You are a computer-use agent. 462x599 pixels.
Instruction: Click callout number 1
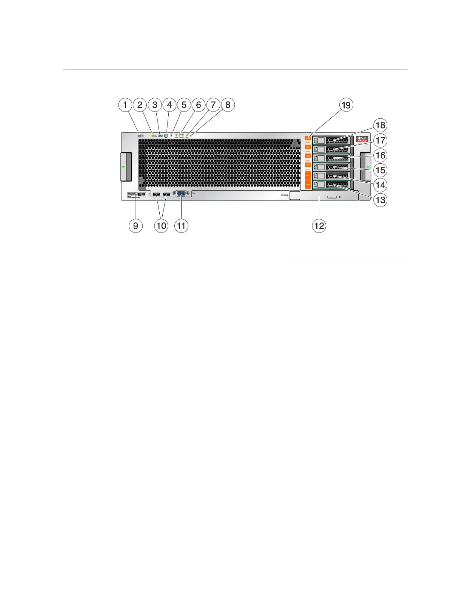pyautogui.click(x=125, y=105)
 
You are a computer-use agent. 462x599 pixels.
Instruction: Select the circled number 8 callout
pyautogui.click(x=228, y=105)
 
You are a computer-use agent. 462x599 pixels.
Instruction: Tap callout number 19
pyautogui.click(x=346, y=105)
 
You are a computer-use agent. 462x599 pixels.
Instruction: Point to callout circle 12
pyautogui.click(x=319, y=226)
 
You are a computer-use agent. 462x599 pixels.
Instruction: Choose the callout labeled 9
pyautogui.click(x=136, y=226)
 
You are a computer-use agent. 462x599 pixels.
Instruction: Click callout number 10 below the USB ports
pyautogui.click(x=161, y=226)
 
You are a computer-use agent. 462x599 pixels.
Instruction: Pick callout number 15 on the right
pyautogui.click(x=380, y=170)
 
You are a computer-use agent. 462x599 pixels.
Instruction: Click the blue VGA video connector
pyautogui.click(x=181, y=194)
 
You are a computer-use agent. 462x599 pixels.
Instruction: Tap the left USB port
pyautogui.click(x=156, y=195)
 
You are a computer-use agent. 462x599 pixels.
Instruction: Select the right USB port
pyautogui.click(x=166, y=195)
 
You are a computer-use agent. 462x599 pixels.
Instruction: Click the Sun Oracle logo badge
pyautogui.click(x=362, y=139)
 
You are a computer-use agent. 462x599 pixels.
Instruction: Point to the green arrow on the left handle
pyautogui.click(x=123, y=166)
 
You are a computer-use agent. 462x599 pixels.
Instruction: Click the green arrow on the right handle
pyautogui.click(x=368, y=166)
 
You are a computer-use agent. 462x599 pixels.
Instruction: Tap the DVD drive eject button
pyautogui.click(x=332, y=197)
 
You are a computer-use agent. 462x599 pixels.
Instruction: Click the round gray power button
pyautogui.click(x=166, y=135)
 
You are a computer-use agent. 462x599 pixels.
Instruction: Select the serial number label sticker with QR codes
pyautogui.click(x=136, y=195)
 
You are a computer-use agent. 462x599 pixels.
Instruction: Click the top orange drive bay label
pyautogui.click(x=308, y=139)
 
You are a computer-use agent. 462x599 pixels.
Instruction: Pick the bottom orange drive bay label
pyautogui.click(x=308, y=185)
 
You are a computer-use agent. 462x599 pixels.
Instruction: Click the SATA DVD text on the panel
pyautogui.click(x=285, y=195)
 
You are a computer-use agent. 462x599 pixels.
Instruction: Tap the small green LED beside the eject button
pyautogui.click(x=340, y=197)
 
